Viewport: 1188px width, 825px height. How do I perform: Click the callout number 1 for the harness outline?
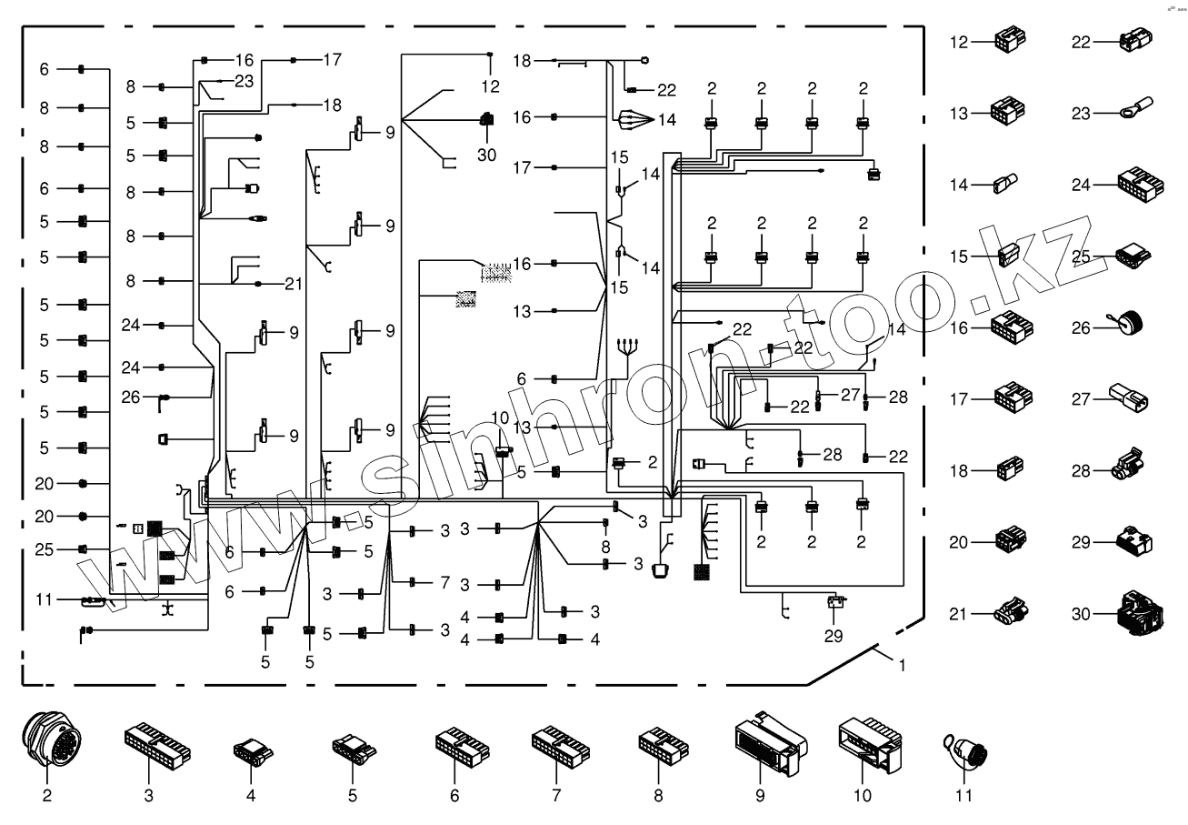click(x=902, y=665)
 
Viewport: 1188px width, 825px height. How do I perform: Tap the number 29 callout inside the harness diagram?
click(x=834, y=634)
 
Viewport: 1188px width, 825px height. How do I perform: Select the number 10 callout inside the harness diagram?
click(x=500, y=418)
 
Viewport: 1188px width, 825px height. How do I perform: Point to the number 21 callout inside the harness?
click(x=292, y=284)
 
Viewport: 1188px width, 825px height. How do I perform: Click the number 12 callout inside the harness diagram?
click(x=491, y=87)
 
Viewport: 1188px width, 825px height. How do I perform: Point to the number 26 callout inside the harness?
click(x=132, y=397)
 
